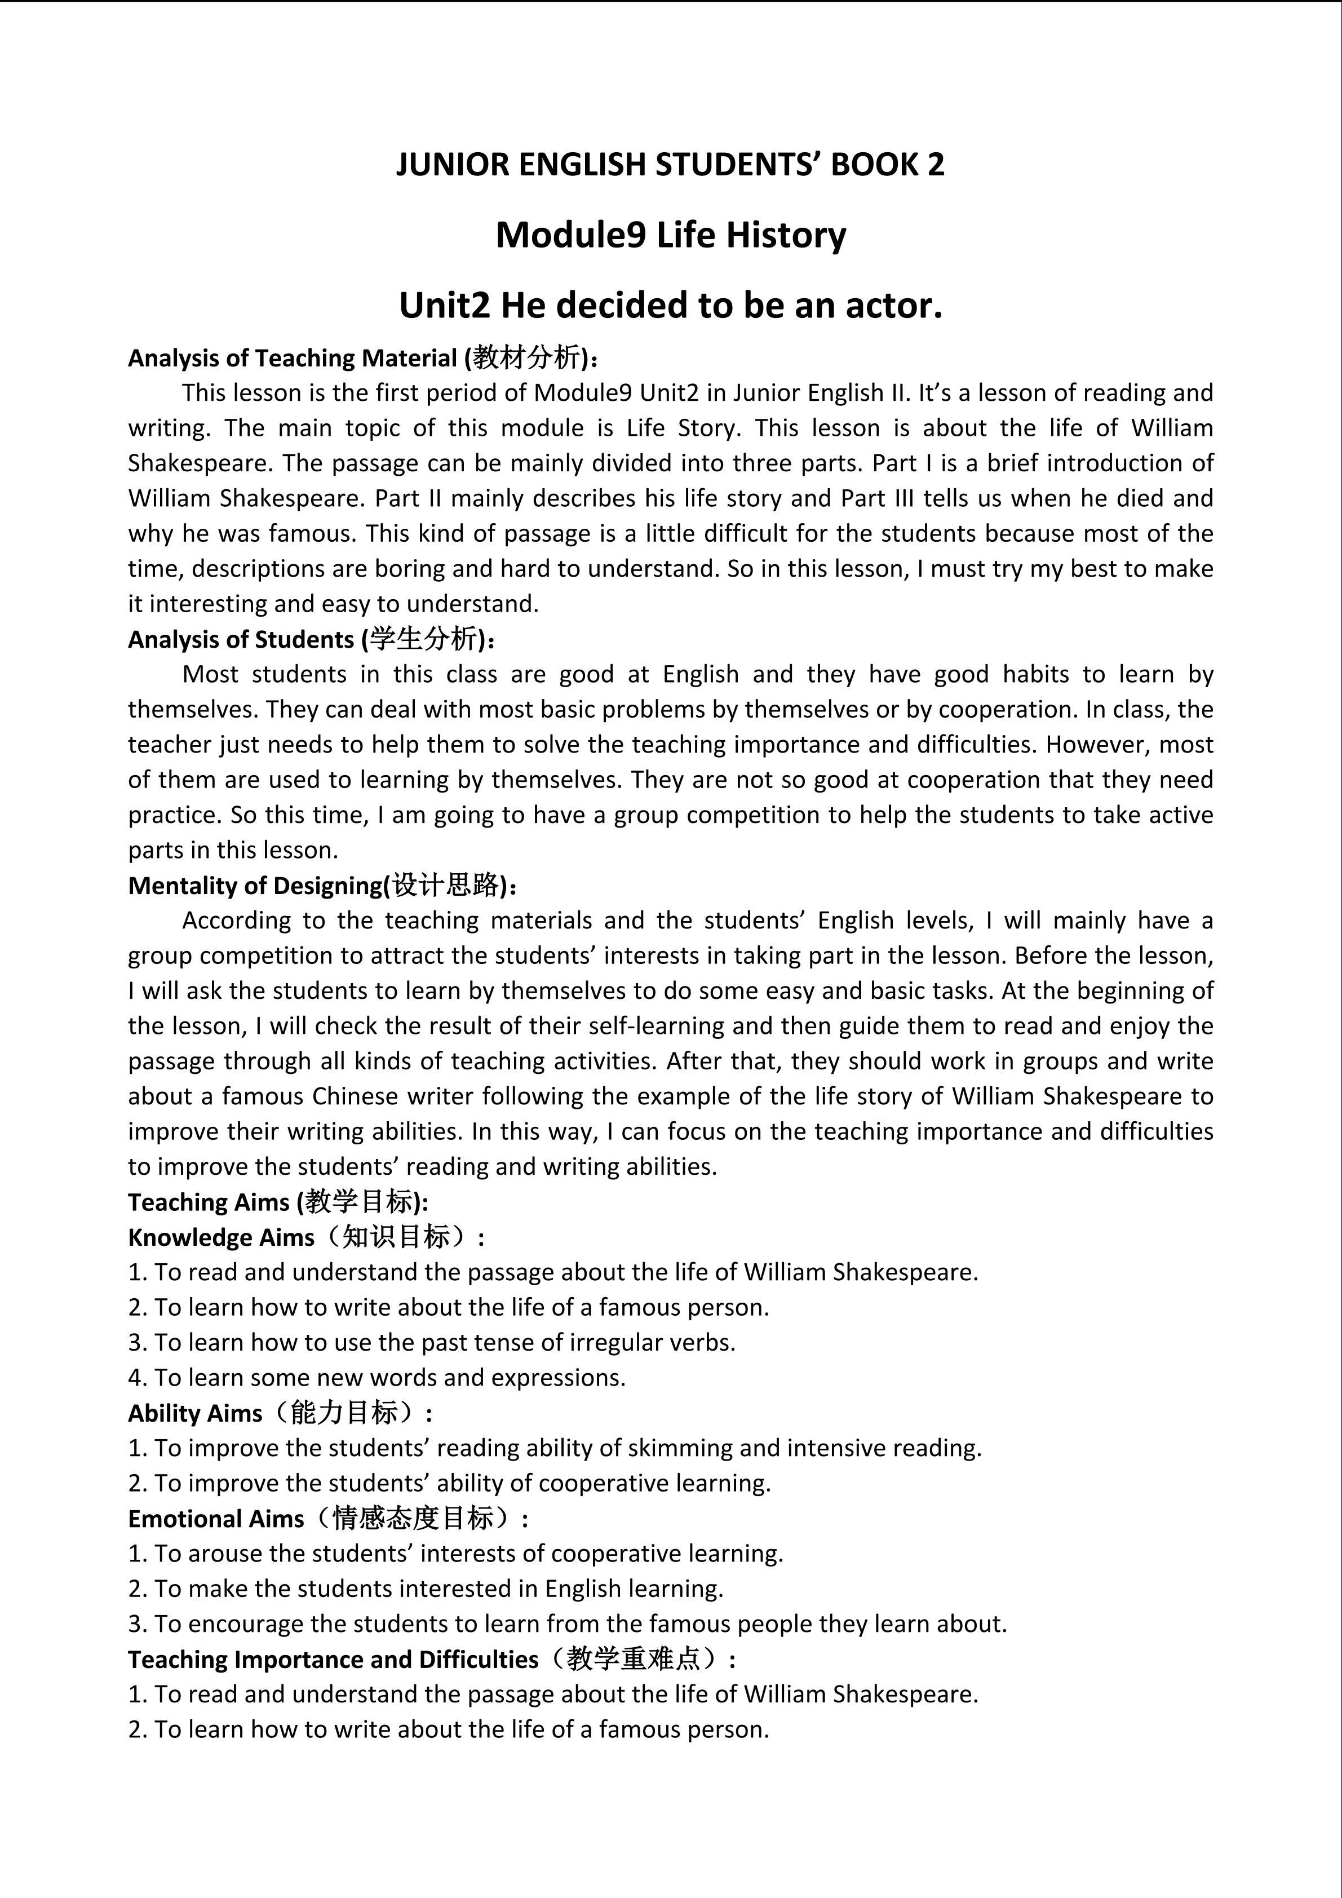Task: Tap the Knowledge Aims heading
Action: coord(222,1237)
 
